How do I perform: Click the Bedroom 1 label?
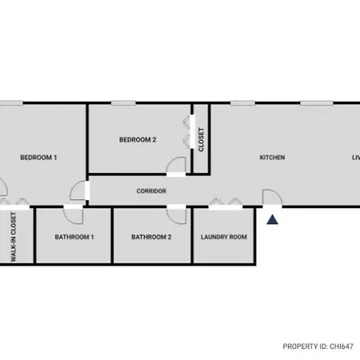38,158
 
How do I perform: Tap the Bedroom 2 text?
138,140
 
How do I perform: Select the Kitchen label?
272,158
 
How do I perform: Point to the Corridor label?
151,191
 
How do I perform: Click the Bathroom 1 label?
74,237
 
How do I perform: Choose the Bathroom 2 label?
151,237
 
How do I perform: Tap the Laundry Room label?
224,237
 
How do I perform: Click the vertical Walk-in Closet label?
14,237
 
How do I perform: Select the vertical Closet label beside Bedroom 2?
201,139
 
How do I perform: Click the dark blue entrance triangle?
272,220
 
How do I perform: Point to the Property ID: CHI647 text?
318,346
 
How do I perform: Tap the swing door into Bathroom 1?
73,214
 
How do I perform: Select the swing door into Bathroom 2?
176,214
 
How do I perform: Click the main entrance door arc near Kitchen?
272,198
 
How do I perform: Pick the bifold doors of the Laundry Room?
226,202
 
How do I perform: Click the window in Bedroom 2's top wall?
123,103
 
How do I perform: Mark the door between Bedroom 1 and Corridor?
79,190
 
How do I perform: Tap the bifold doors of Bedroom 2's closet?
187,132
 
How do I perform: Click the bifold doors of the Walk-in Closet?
14,202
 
